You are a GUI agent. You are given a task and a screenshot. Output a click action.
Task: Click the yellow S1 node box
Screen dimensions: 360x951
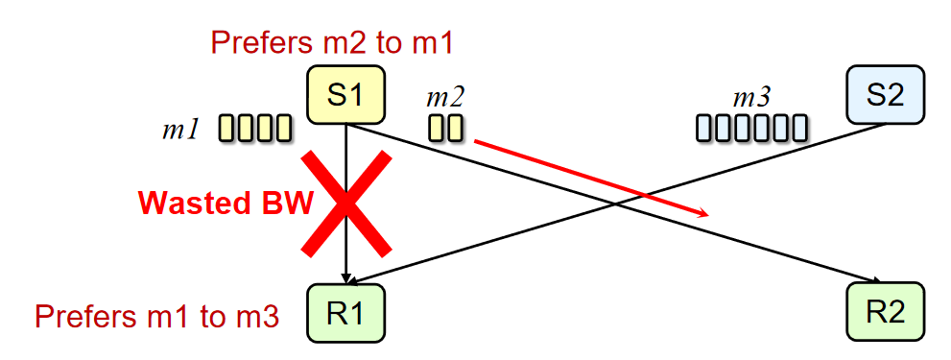tap(345, 94)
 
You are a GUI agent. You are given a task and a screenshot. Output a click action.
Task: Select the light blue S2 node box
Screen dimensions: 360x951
tap(884, 94)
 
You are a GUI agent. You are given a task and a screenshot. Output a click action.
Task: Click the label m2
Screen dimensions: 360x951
tap(445, 97)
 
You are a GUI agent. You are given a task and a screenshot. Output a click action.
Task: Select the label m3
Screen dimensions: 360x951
tap(751, 97)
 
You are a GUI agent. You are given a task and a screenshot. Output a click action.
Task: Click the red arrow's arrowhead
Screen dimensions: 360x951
tap(703, 213)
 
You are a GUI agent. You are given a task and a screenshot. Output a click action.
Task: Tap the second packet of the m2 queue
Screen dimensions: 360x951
tap(456, 128)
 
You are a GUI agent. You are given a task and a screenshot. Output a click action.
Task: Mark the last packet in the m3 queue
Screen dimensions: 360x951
tap(797, 129)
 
